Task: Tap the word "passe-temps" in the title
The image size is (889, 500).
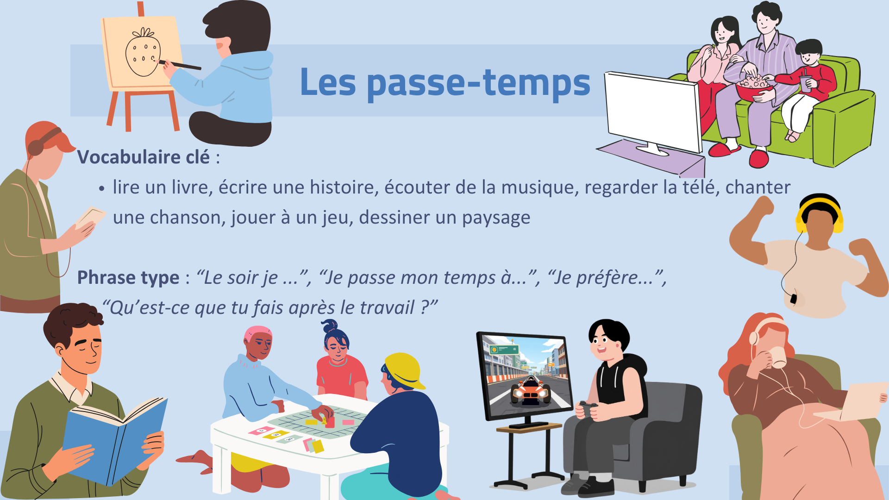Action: click(x=479, y=82)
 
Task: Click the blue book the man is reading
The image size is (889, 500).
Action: click(x=113, y=440)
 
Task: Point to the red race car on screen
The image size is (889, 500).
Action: click(x=531, y=391)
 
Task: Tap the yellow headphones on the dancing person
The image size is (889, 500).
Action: click(x=820, y=211)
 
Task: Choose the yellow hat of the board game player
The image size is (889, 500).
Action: click(x=404, y=369)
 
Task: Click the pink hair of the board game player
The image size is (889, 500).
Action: click(x=257, y=332)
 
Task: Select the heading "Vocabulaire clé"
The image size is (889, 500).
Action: click(x=144, y=157)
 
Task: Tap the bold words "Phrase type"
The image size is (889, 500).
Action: click(x=128, y=278)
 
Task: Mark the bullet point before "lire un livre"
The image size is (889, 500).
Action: click(x=102, y=189)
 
